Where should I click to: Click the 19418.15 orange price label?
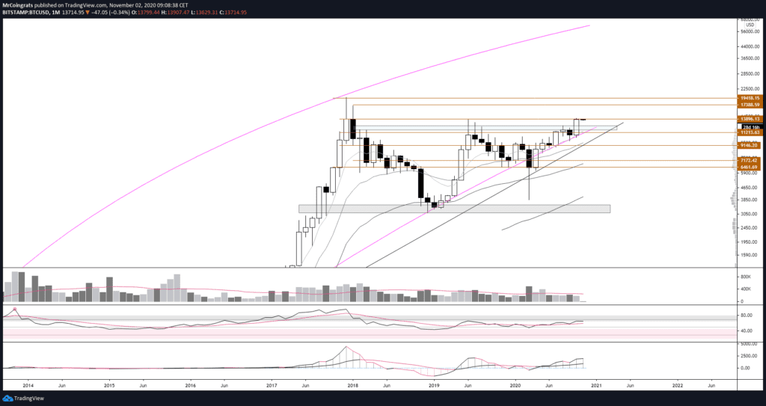749,98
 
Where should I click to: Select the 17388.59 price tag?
749,105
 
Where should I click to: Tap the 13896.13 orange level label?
749,119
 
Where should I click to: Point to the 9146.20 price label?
749,145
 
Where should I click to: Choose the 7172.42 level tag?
749,160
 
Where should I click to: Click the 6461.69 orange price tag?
749,167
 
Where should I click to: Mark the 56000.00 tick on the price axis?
749,32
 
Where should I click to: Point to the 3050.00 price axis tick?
749,214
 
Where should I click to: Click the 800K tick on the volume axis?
748,276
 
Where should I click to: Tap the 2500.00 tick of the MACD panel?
749,356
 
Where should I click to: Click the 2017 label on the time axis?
272,385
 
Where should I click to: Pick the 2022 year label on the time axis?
677,385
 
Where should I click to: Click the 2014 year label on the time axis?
28,385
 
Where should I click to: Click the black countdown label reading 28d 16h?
750,126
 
